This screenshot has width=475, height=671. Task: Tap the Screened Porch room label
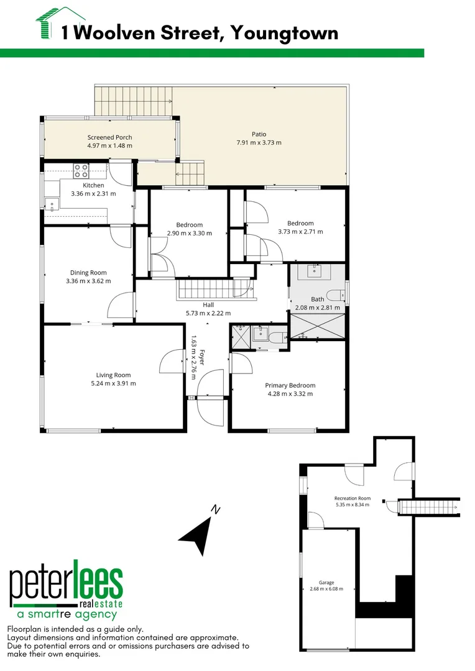pyautogui.click(x=109, y=137)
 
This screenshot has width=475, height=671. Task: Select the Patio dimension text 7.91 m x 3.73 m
pyautogui.click(x=259, y=142)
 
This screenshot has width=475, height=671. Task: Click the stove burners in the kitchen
pyautogui.click(x=81, y=170)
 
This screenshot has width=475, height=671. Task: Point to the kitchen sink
pyautogui.click(x=51, y=203)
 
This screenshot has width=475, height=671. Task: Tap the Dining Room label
pyautogui.click(x=88, y=273)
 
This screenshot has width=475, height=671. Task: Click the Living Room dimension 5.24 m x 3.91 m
pyautogui.click(x=113, y=383)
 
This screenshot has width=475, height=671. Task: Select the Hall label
pyautogui.click(x=208, y=305)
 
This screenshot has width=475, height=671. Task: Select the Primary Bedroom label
pyautogui.click(x=290, y=385)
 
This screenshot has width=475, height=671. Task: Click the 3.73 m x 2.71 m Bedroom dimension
pyautogui.click(x=300, y=232)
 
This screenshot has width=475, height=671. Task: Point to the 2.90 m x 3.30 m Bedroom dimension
pyautogui.click(x=190, y=234)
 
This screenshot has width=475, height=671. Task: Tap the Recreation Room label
pyautogui.click(x=352, y=498)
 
